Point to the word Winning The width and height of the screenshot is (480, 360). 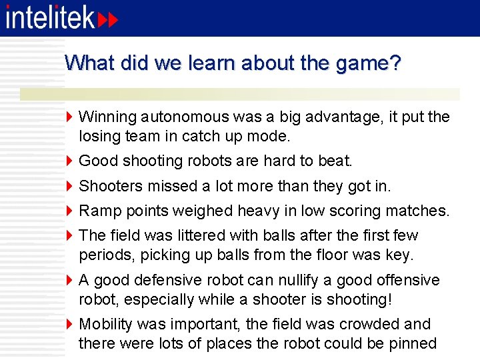106,117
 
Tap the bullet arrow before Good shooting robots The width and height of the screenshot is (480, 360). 70,161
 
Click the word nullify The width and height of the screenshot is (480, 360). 286,280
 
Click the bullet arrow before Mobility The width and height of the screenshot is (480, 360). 70,325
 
